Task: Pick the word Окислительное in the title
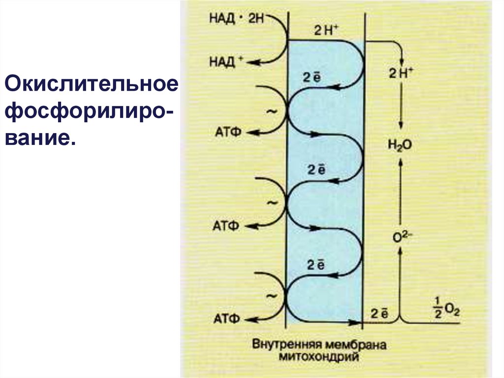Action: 91,83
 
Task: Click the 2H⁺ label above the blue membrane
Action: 326,31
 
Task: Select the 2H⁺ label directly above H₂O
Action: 401,73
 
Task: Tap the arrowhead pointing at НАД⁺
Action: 251,62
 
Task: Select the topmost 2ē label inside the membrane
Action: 311,78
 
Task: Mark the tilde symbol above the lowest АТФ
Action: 271,296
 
